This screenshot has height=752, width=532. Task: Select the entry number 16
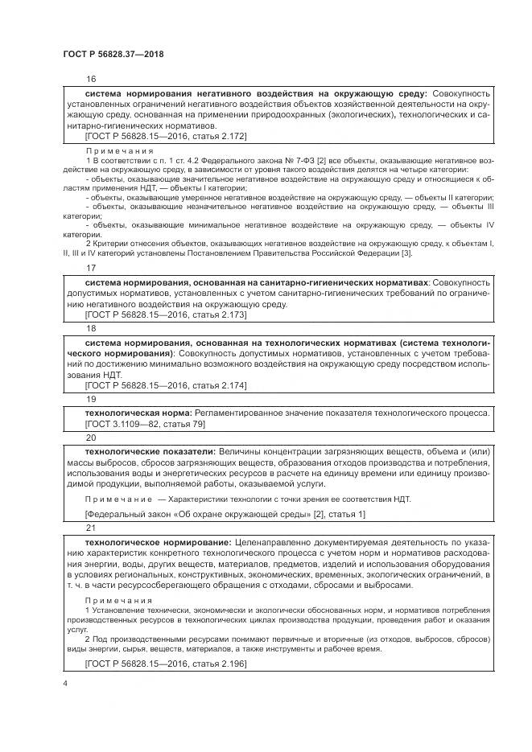click(x=90, y=80)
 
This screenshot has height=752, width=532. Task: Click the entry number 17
click(x=90, y=269)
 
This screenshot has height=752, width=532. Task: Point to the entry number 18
click(x=90, y=329)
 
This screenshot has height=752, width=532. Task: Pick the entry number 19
click(x=90, y=399)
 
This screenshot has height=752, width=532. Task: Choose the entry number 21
click(x=90, y=528)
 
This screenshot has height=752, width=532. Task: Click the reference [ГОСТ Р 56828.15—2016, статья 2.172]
click(x=166, y=137)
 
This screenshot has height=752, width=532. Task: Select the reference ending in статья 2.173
click(x=166, y=317)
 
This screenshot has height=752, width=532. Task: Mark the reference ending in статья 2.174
click(x=166, y=387)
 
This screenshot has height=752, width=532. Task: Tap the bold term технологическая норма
click(x=138, y=413)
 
